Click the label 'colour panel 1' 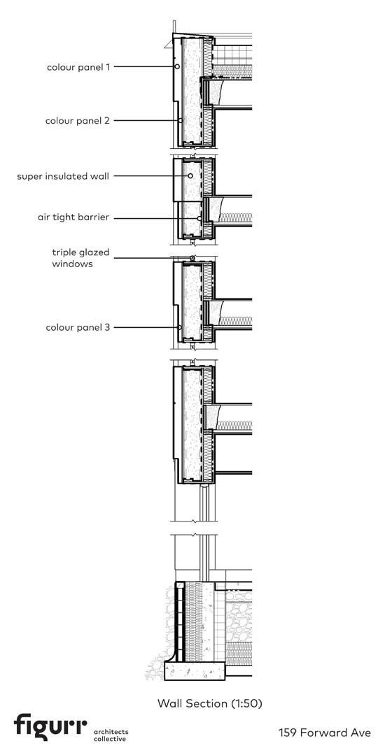(x=78, y=67)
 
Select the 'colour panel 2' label (x=78, y=120)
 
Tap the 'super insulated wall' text (x=63, y=176)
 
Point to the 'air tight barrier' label (x=73, y=217)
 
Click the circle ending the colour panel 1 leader (x=177, y=66)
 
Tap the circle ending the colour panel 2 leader (x=181, y=120)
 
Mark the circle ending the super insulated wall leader (x=190, y=176)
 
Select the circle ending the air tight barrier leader (x=199, y=218)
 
